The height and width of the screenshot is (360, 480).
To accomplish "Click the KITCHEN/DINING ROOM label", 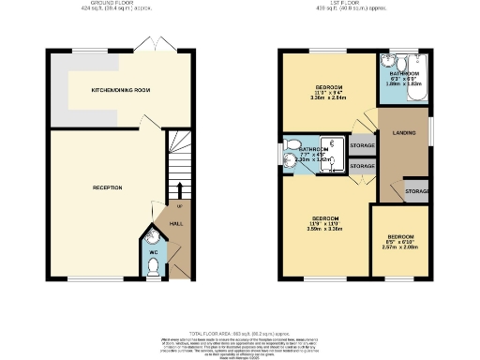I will pos(121,91).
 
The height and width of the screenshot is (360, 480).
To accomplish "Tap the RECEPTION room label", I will pos(107,188).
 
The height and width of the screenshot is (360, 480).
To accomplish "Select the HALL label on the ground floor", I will pos(176,224).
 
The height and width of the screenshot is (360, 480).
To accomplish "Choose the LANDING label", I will pos(404,131).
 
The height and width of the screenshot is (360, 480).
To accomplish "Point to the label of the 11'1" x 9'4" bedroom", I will pos(329,90).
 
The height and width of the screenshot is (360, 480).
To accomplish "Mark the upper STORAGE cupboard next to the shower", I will pos(362,146).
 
